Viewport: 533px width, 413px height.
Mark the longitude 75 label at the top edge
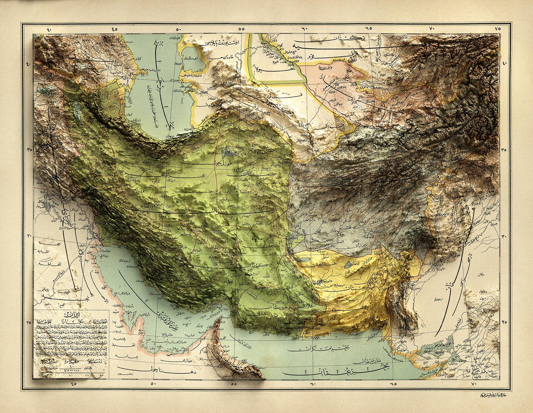tap(497, 28)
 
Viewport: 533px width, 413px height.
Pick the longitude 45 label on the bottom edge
tap(74, 383)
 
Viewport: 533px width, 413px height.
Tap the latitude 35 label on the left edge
tap(29, 150)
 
